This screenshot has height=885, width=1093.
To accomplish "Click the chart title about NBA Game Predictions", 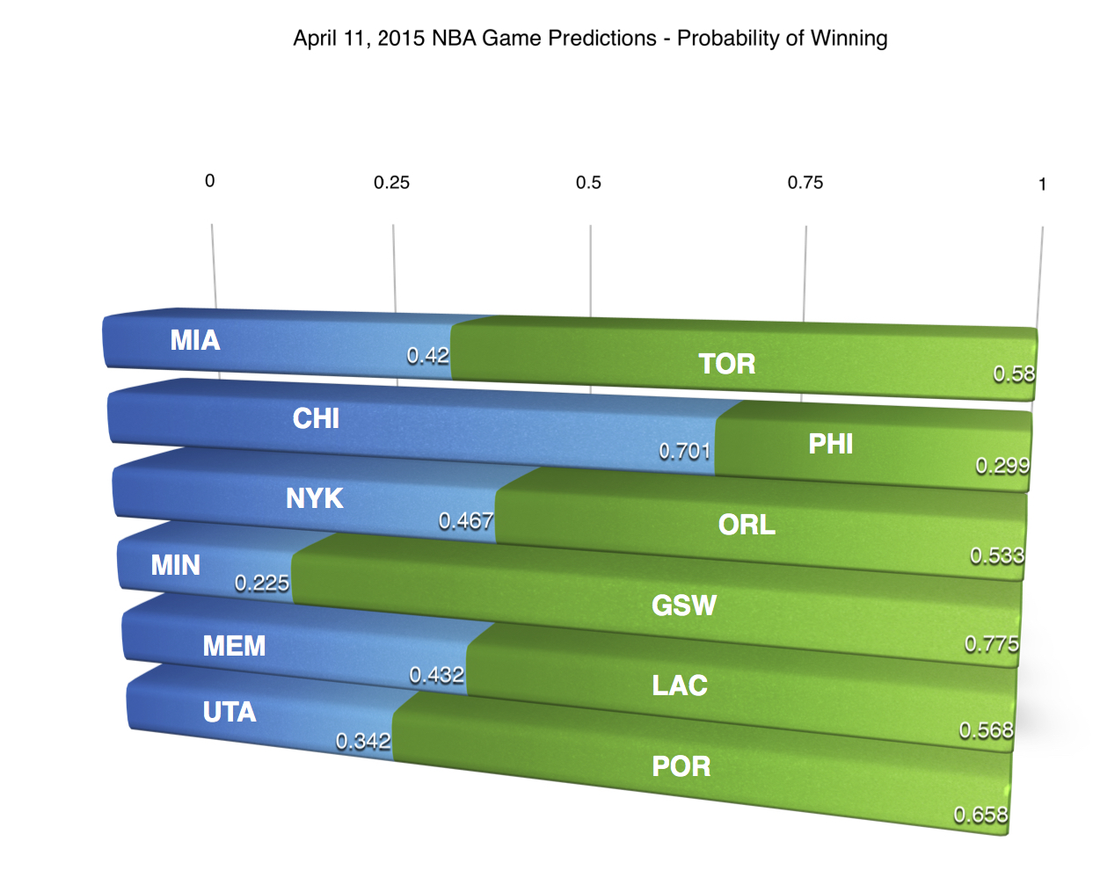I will coord(590,39).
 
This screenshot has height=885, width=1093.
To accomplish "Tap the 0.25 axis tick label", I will coord(391,183).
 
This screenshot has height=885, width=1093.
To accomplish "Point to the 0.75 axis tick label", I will coord(805,183).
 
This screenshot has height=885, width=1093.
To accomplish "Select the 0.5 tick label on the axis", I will coord(588,183).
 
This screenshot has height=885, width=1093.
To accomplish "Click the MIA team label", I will coord(195,340).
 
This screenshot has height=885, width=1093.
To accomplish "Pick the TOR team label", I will coord(726,364).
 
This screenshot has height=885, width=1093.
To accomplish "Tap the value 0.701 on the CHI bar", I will coord(684,451).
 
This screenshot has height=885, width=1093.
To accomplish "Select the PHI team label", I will coord(830,444).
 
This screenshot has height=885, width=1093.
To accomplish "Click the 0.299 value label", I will coord(1002,465).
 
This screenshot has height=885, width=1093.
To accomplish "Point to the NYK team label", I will coord(314,498).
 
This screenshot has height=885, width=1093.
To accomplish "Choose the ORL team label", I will coord(747,525).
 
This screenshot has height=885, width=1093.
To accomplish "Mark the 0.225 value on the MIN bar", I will coord(261,583).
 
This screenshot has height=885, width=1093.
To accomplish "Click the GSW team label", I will coord(683,605).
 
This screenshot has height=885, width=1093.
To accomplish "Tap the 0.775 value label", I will coord(991,644).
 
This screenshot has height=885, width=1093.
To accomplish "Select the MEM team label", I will coord(234,646).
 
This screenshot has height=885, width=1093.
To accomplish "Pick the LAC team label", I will coord(679,686).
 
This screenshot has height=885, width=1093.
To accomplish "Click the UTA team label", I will coord(230,712).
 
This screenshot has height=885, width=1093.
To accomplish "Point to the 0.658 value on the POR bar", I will coord(980,815).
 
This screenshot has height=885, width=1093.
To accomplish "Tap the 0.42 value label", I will coord(427,355).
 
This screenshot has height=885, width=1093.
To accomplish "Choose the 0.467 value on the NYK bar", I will coord(465,520).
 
